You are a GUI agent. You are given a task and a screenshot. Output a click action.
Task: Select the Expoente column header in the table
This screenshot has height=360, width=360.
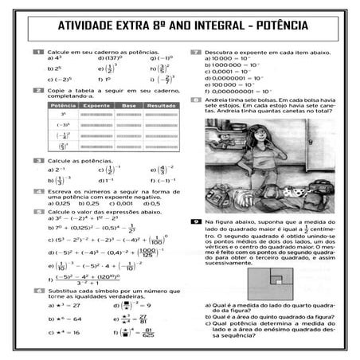tap(97, 105)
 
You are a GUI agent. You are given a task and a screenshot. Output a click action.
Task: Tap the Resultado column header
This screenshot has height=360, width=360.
tap(161, 105)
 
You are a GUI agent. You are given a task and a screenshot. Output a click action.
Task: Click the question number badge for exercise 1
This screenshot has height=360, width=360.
tap(38, 52)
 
